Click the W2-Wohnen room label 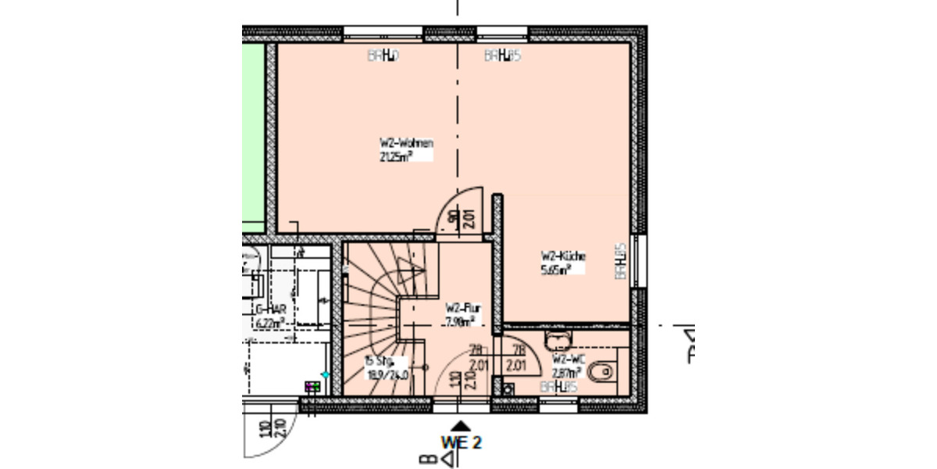(406, 144)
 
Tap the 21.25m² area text (395, 156)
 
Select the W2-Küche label (563, 256)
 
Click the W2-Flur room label (462, 308)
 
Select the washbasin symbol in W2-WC (559, 338)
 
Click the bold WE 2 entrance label (461, 442)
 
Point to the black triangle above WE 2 (461, 426)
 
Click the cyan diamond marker (326, 376)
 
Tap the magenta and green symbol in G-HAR (312, 387)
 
